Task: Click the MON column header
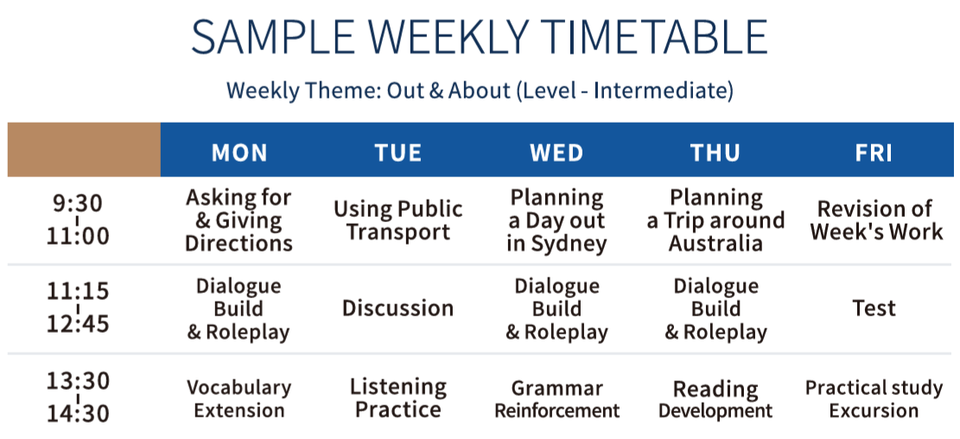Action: coord(239,153)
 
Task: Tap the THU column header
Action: coord(715,153)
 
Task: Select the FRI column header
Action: coord(874,153)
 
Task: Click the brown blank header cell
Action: coord(84,150)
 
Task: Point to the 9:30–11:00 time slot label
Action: coord(79,219)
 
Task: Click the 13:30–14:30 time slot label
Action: coord(79,398)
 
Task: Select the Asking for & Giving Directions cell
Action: coord(238,220)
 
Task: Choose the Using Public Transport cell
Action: coord(398,220)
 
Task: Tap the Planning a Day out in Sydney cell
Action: coord(556,220)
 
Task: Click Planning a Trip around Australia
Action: coord(715,220)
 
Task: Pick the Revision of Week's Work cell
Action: coord(874,220)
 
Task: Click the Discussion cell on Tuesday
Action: coord(398,308)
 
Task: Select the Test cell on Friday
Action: coord(874,308)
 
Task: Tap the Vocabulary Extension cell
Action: coord(238,398)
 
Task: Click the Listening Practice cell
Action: coord(398,398)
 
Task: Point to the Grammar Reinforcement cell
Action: coord(556,398)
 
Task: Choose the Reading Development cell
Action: coord(715,398)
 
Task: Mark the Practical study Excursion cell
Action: coord(874,398)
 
